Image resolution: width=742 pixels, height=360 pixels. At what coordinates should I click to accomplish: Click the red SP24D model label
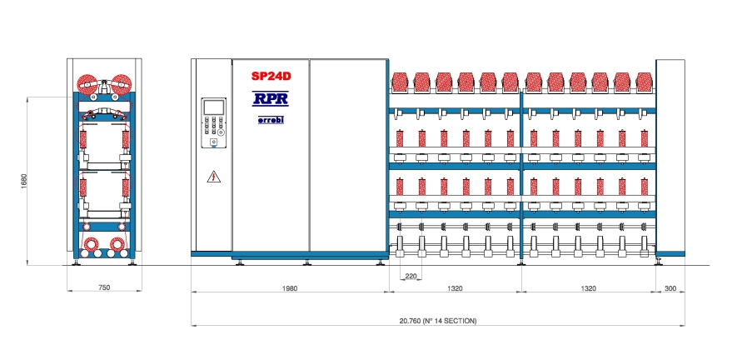click(270, 76)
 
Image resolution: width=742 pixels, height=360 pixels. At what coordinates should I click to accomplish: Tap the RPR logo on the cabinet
click(270, 98)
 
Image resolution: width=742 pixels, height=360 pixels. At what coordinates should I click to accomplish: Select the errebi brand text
click(270, 120)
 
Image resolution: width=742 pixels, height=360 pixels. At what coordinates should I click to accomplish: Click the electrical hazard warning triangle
click(214, 177)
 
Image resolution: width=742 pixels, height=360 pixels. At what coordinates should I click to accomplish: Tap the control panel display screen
click(213, 107)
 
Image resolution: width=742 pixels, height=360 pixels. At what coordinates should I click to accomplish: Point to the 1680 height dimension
click(24, 182)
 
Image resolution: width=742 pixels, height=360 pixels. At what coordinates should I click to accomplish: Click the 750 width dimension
click(103, 287)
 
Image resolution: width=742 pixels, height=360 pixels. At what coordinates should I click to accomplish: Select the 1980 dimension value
click(290, 288)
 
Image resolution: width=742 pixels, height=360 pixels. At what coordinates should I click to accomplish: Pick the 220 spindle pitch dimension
click(411, 276)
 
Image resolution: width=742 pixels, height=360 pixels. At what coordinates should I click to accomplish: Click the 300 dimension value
click(670, 288)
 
